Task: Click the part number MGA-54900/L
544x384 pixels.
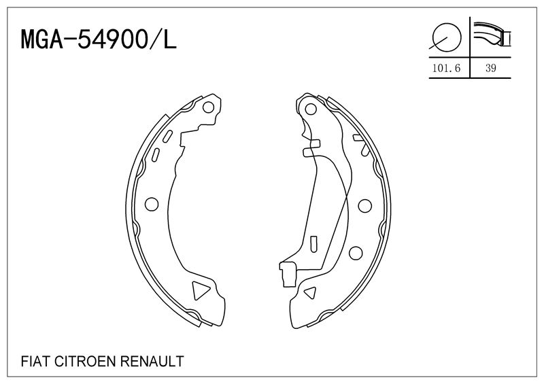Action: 99,39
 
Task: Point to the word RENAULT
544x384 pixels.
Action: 152,362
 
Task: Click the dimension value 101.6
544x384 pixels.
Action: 447,68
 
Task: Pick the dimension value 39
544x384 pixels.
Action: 490,68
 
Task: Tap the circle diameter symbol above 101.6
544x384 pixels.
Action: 447,37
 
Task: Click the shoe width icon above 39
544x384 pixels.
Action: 492,35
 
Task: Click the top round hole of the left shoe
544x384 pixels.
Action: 208,107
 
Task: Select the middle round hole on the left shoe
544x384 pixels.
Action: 152,204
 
